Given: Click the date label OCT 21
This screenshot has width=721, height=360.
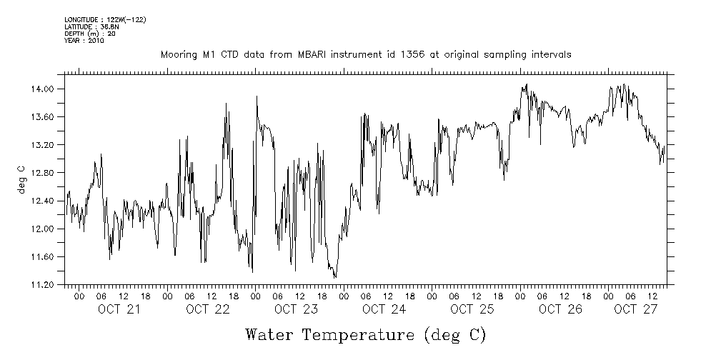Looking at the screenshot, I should [x=119, y=309].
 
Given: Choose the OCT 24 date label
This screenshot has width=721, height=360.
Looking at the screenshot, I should [x=384, y=309].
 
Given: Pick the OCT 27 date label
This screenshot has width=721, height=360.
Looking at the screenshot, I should [x=635, y=309].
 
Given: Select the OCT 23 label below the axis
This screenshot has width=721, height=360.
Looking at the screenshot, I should [x=295, y=309].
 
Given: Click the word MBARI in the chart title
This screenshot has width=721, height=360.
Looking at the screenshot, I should [x=310, y=55].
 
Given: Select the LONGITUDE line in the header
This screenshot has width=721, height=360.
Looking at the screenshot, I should [x=105, y=19].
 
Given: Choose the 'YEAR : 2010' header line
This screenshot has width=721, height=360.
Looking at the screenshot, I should [x=84, y=41].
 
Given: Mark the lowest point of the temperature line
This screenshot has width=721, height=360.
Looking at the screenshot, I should [x=335, y=277].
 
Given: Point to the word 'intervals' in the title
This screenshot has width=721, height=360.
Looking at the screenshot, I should [x=552, y=55].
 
